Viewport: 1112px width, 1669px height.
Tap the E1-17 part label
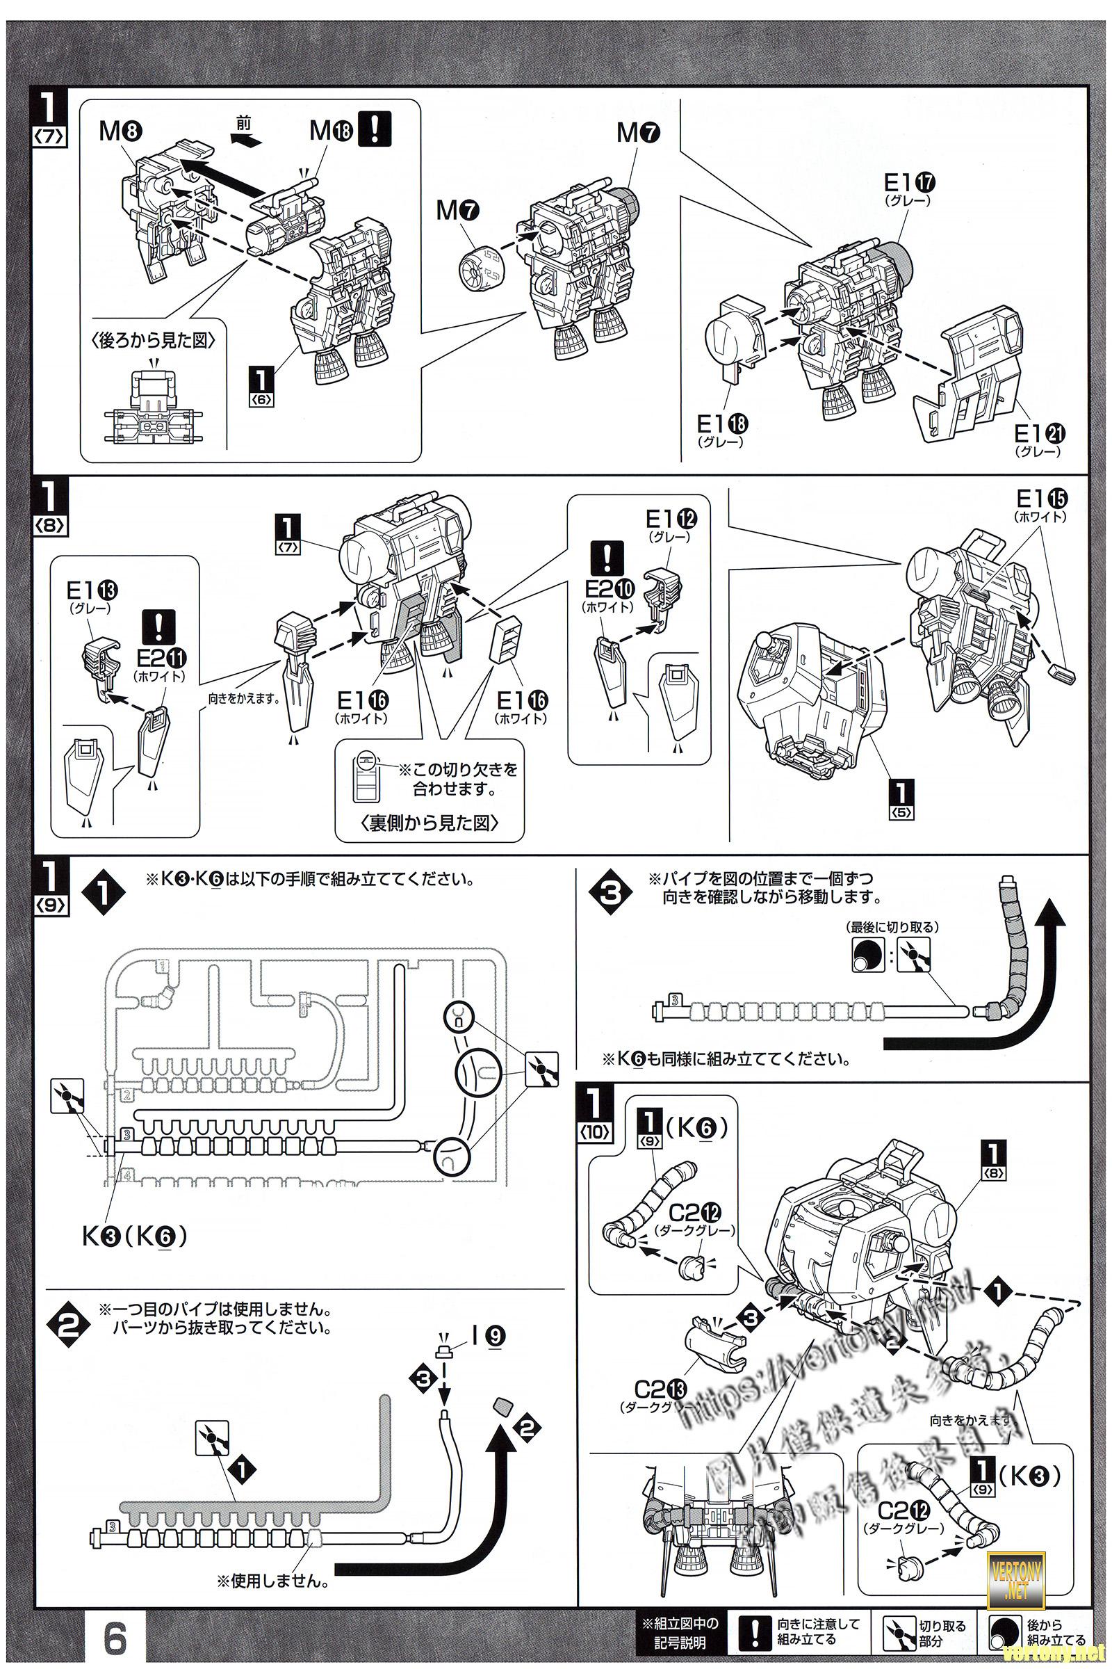pyautogui.click(x=909, y=184)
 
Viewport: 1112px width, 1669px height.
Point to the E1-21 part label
pyautogui.click(x=1040, y=433)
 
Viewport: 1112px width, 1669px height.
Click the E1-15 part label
pyautogui.click(x=1042, y=498)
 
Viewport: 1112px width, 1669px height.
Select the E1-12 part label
pyautogui.click(x=671, y=519)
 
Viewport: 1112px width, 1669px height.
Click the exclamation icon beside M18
pyautogui.click(x=375, y=129)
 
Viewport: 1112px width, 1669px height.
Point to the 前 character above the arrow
pyautogui.click(x=244, y=124)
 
